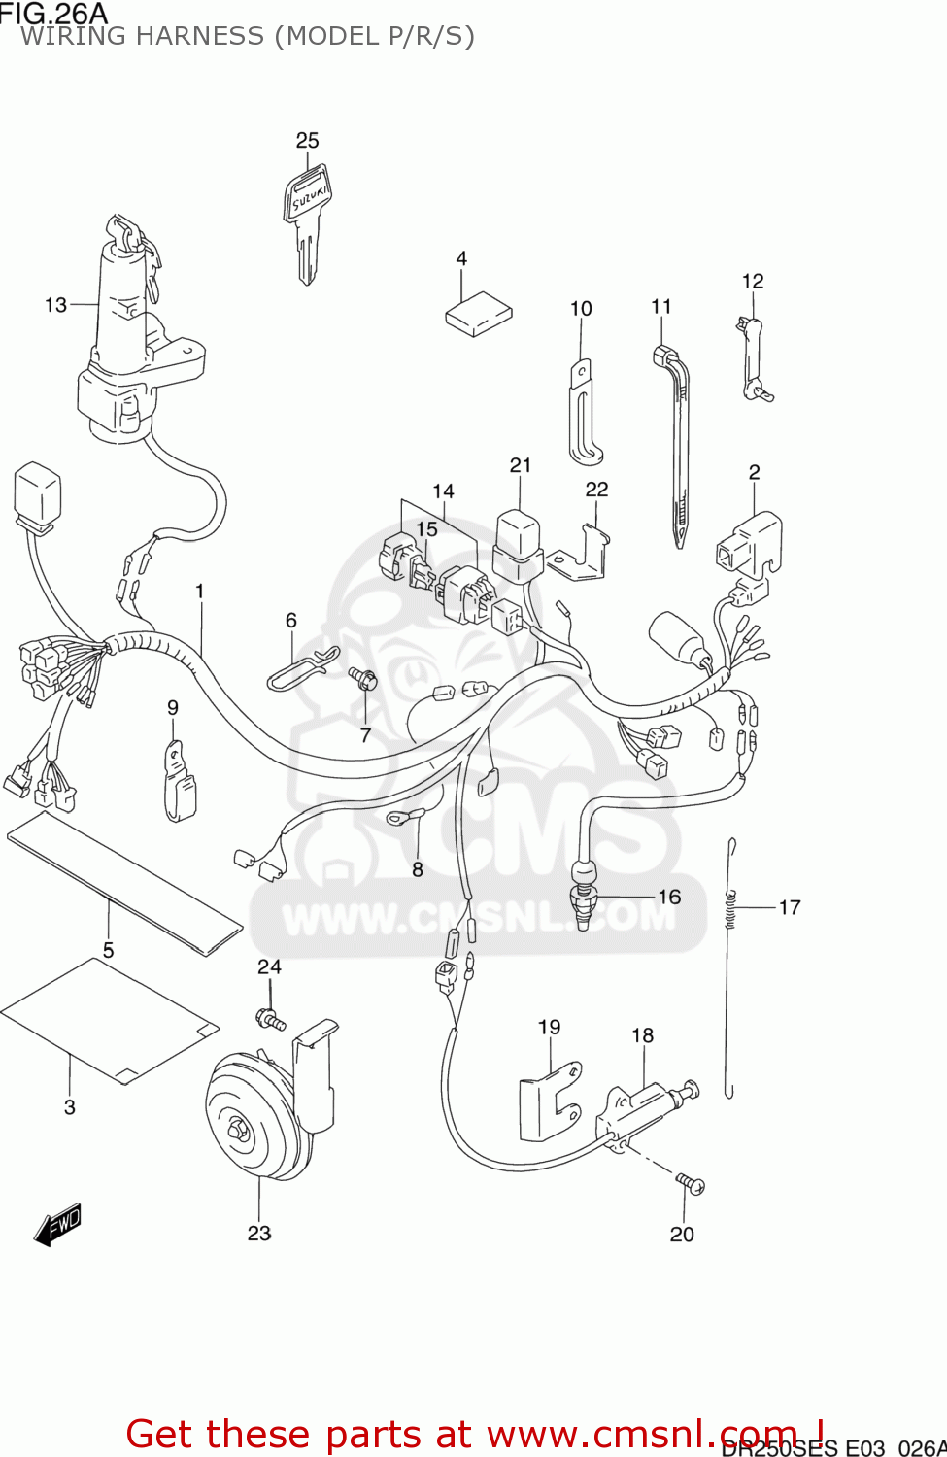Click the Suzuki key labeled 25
pyautogui.click(x=306, y=219)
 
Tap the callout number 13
pyautogui.click(x=55, y=305)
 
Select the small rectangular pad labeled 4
pyautogui.click(x=478, y=314)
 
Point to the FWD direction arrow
pyautogui.click(x=57, y=1225)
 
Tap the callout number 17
pyautogui.click(x=790, y=907)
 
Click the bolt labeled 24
pyautogui.click(x=269, y=1019)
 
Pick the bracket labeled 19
pyautogui.click(x=549, y=1102)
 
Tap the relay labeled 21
pyautogui.click(x=518, y=544)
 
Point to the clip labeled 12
pyautogui.click(x=753, y=359)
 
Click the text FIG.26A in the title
pyautogui.click(x=53, y=13)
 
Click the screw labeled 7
pyautogui.click(x=363, y=679)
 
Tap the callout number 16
pyautogui.click(x=669, y=897)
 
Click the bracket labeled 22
pyautogui.click(x=583, y=554)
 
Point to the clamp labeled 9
pyautogui.click(x=179, y=782)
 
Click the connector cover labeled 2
pyautogui.click(x=750, y=544)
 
